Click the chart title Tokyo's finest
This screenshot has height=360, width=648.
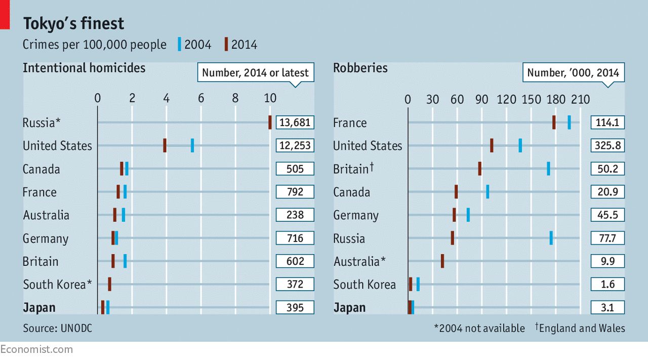coord(73,24)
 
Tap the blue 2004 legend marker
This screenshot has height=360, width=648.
coord(179,45)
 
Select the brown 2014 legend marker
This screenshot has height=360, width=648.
coord(226,45)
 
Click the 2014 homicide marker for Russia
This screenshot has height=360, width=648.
coord(270,122)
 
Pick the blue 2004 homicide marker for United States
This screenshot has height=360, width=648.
coord(192,145)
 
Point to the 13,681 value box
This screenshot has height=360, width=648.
coord(295,122)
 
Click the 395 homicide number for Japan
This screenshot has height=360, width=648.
coord(295,307)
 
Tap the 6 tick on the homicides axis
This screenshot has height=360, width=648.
coord(201,98)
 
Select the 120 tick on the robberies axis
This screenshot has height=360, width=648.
coord(506,99)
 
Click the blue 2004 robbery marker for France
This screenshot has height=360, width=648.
coord(569,122)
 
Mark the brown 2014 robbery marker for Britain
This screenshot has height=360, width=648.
coord(479,169)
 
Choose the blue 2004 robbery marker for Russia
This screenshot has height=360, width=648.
coord(551,238)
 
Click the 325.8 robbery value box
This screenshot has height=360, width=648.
coord(607,146)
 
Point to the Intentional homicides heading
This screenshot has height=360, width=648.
coord(84,68)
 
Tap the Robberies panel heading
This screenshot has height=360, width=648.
coord(360,68)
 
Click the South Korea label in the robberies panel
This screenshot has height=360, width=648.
coord(364,285)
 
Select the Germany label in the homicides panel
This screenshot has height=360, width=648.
coord(46,238)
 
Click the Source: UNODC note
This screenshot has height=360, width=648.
coord(57,329)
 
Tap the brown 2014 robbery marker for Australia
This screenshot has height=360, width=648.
coord(442,261)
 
